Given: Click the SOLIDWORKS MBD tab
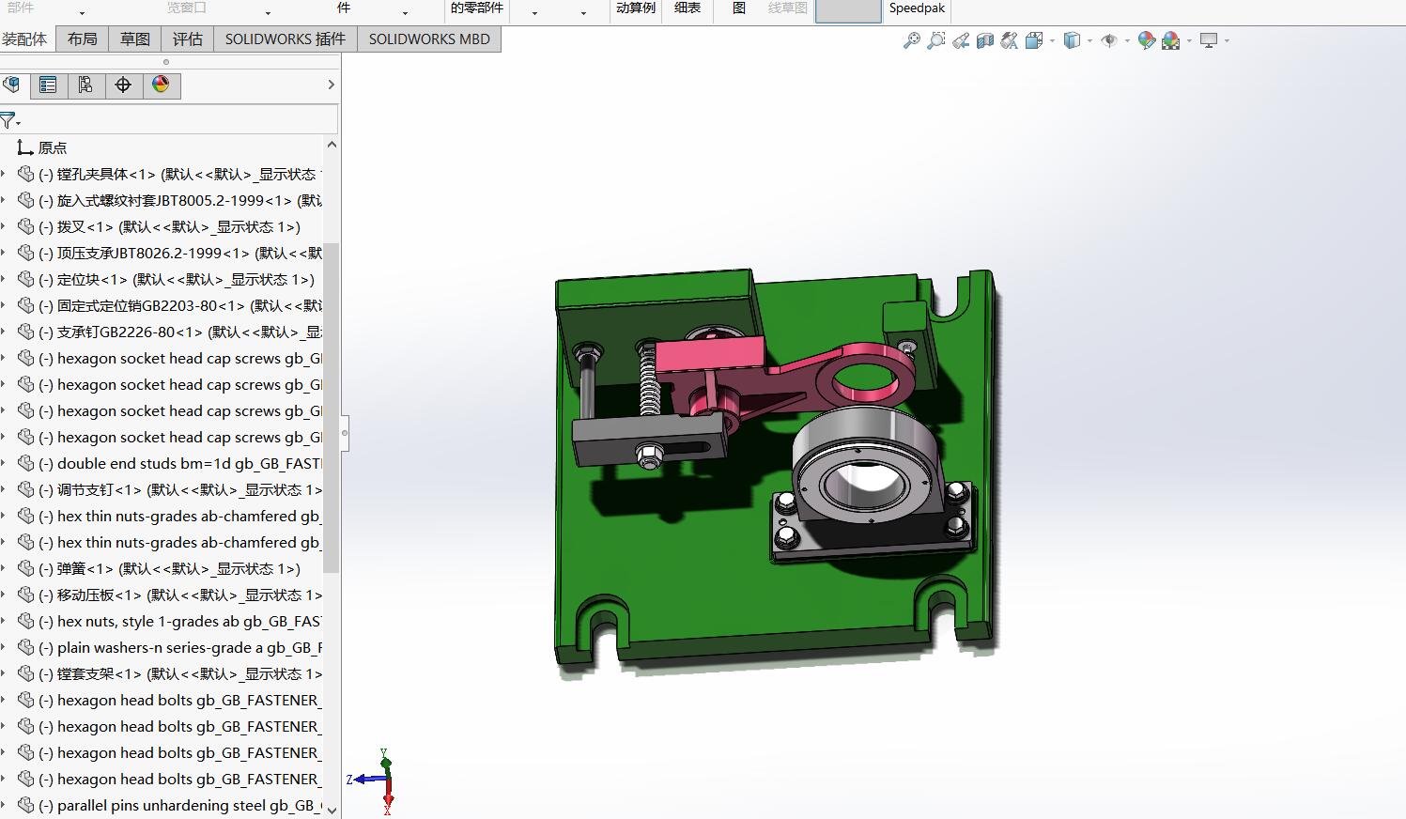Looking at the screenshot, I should point(429,39).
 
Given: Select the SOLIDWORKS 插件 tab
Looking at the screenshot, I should point(285,39).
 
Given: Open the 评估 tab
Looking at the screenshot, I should point(187,39).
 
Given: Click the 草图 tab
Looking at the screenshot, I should point(134,39).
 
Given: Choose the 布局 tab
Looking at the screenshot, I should point(82,39).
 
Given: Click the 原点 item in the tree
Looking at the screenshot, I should point(52,148).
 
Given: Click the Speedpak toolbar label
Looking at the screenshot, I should point(917,8).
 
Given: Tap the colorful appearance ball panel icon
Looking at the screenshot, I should point(161,85).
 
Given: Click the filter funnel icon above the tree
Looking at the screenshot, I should point(8,120).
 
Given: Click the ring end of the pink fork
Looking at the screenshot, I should point(864,376).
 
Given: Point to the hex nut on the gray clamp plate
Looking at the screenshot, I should point(647,456).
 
